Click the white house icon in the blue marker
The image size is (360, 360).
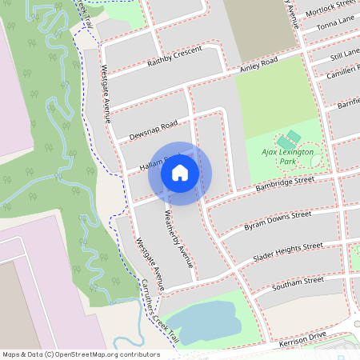coord(180,172)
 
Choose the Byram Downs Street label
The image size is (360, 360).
coord(277,222)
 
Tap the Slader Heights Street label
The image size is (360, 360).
coord(287,252)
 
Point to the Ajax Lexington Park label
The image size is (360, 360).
coord(286,156)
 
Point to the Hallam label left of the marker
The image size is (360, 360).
coord(152,162)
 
